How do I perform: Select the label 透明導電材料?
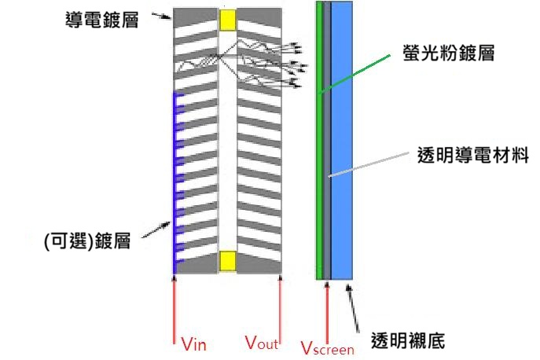471,156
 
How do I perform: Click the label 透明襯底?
407,341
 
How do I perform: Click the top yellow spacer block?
228,20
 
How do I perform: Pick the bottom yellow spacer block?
228,260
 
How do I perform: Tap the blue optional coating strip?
174,181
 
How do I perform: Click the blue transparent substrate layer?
343,141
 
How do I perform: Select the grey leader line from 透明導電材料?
369,162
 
